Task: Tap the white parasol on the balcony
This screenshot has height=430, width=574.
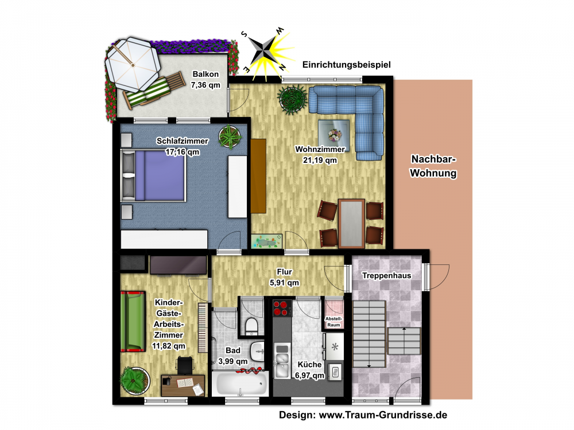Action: pyautogui.click(x=133, y=65)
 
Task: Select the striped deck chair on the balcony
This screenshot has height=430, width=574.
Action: pyautogui.click(x=154, y=89)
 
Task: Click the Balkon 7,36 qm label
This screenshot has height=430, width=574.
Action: pyautogui.click(x=205, y=80)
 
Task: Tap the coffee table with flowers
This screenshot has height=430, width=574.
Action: pyautogui.click(x=333, y=136)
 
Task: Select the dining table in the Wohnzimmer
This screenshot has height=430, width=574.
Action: pyautogui.click(x=351, y=224)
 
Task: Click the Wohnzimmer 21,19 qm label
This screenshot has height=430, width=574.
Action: pyautogui.click(x=320, y=155)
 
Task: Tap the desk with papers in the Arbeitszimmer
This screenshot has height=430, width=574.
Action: pyautogui.click(x=183, y=385)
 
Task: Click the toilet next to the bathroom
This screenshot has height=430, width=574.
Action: pyautogui.click(x=251, y=326)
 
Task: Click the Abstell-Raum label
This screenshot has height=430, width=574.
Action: pyautogui.click(x=333, y=322)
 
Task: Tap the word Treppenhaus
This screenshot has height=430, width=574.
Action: pyautogui.click(x=386, y=275)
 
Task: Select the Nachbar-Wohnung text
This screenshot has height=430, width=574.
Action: pyautogui.click(x=433, y=166)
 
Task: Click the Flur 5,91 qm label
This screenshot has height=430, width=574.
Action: pyautogui.click(x=285, y=277)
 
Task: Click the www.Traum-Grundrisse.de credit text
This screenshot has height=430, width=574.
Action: pyautogui.click(x=383, y=415)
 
